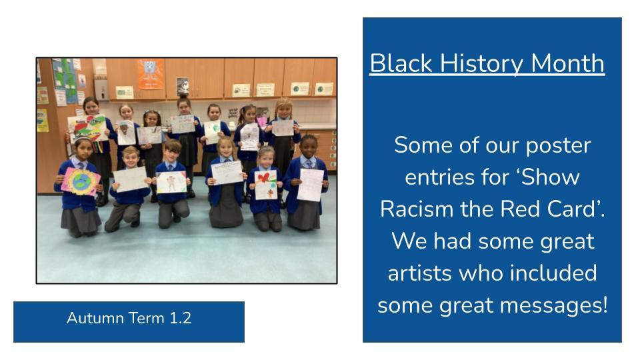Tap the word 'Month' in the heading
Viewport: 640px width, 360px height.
click(567, 64)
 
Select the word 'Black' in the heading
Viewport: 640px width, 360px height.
click(401, 64)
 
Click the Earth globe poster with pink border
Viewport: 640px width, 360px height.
click(81, 181)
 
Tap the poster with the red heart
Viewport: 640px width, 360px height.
click(266, 185)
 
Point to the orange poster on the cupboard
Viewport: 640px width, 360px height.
click(150, 74)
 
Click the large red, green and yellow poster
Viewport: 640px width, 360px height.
click(87, 128)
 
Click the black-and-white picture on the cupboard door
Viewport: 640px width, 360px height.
click(183, 87)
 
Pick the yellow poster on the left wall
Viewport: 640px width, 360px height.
click(43, 121)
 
